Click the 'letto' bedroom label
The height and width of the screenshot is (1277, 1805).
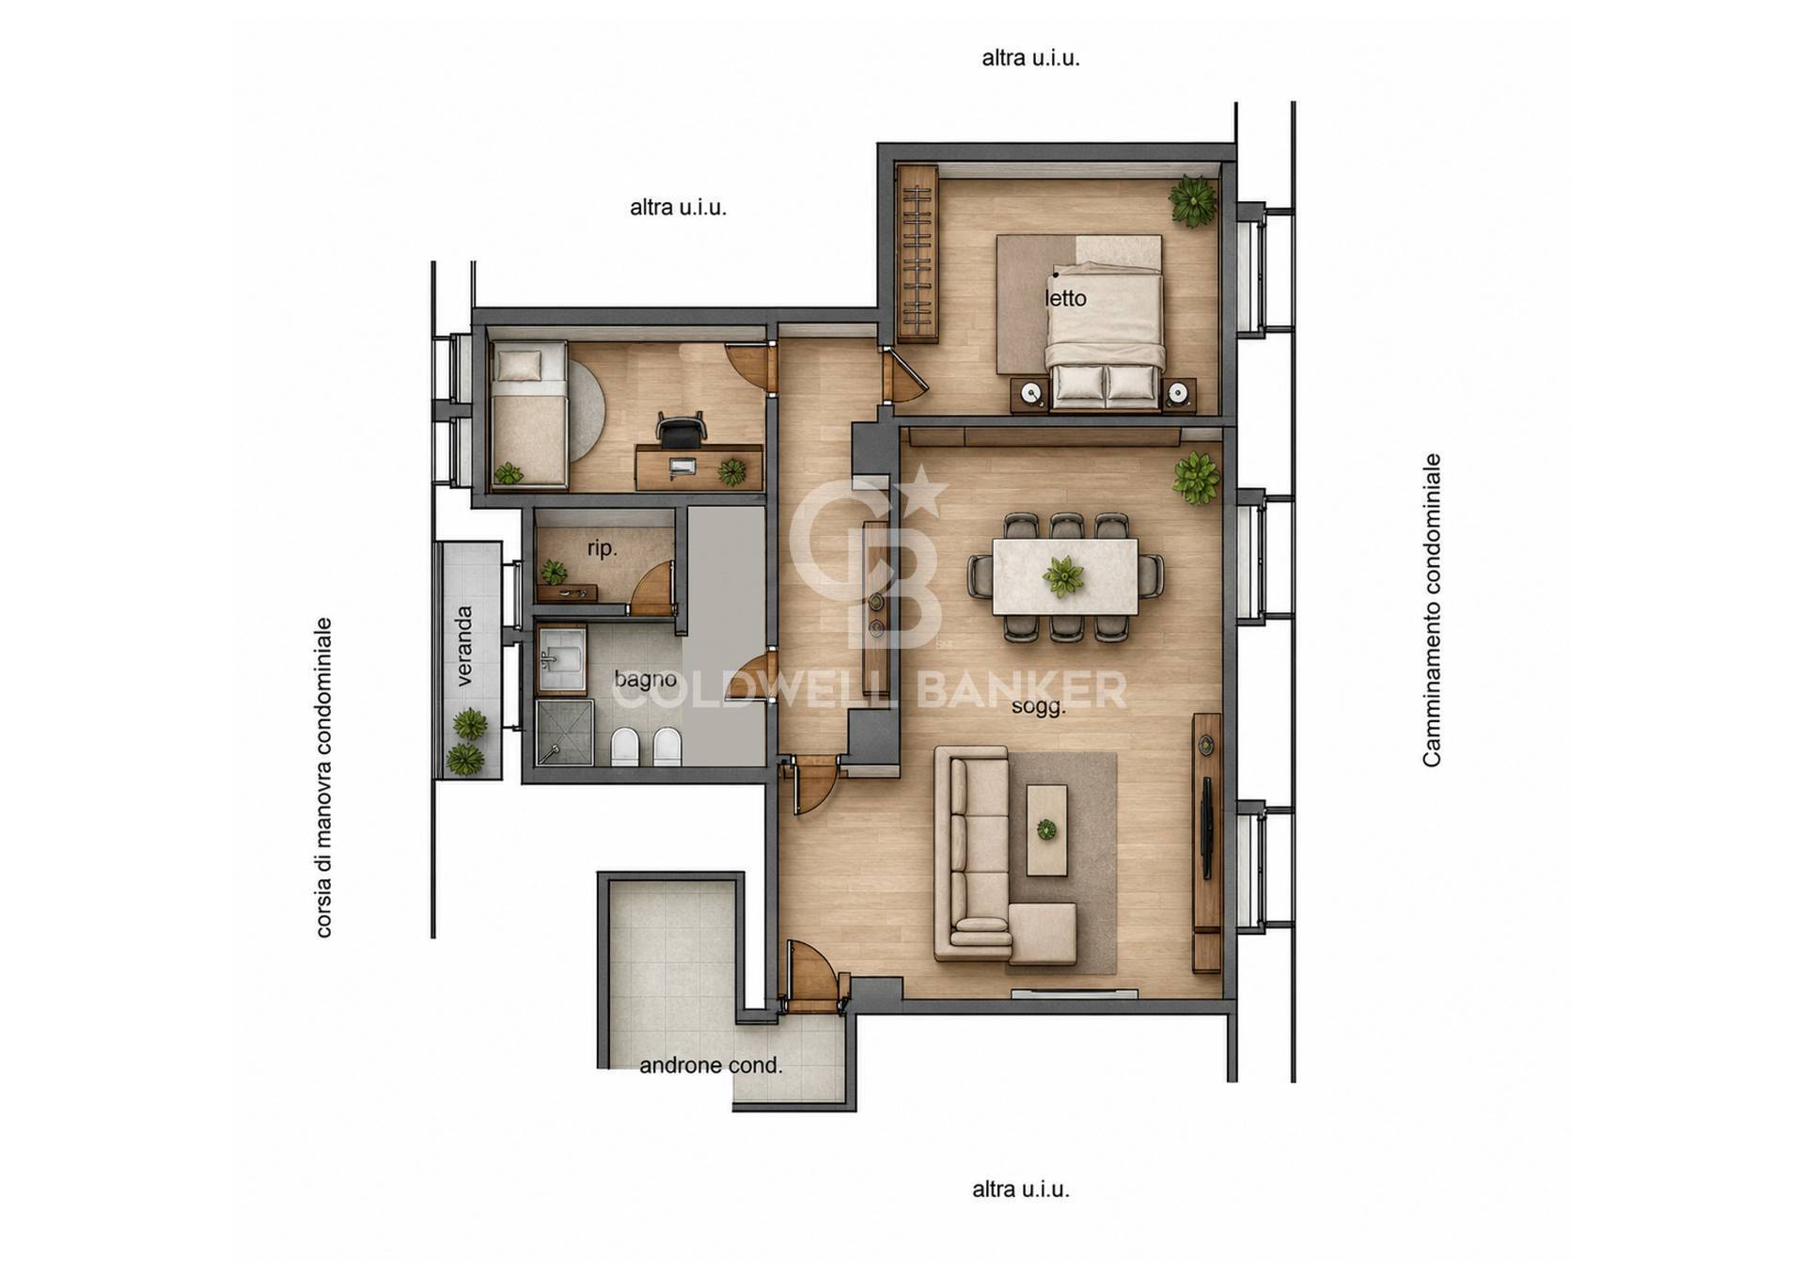coord(1065,298)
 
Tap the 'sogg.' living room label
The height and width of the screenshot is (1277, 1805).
coord(1039,707)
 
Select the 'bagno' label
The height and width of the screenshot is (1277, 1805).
coord(645,679)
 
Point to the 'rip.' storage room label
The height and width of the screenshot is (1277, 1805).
coord(602,548)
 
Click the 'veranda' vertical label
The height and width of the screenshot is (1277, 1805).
coord(464,646)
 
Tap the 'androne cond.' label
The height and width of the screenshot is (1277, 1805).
coord(711,1065)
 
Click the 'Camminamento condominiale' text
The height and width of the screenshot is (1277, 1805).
coord(1431,610)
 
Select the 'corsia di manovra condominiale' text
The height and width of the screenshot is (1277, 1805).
coord(323,778)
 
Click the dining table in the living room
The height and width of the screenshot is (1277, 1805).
coord(1065,577)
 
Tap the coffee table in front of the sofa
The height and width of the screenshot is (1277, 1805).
coord(1046,830)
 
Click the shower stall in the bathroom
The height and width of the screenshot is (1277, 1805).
coord(564,733)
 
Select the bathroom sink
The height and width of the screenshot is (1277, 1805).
coord(562,659)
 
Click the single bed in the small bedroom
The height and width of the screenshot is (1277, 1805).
coord(528,415)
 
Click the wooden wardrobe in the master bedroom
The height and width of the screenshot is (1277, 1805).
coord(918,254)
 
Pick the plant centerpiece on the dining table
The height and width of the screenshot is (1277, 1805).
coord(1063,576)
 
